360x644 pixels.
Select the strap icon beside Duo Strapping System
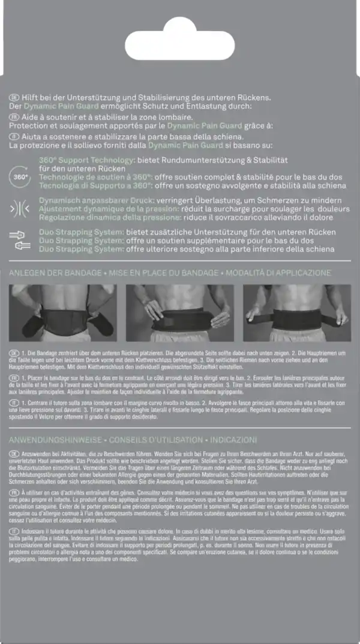tap(20, 240)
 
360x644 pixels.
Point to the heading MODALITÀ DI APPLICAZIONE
tap(280, 273)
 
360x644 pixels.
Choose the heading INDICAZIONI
tap(233, 439)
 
